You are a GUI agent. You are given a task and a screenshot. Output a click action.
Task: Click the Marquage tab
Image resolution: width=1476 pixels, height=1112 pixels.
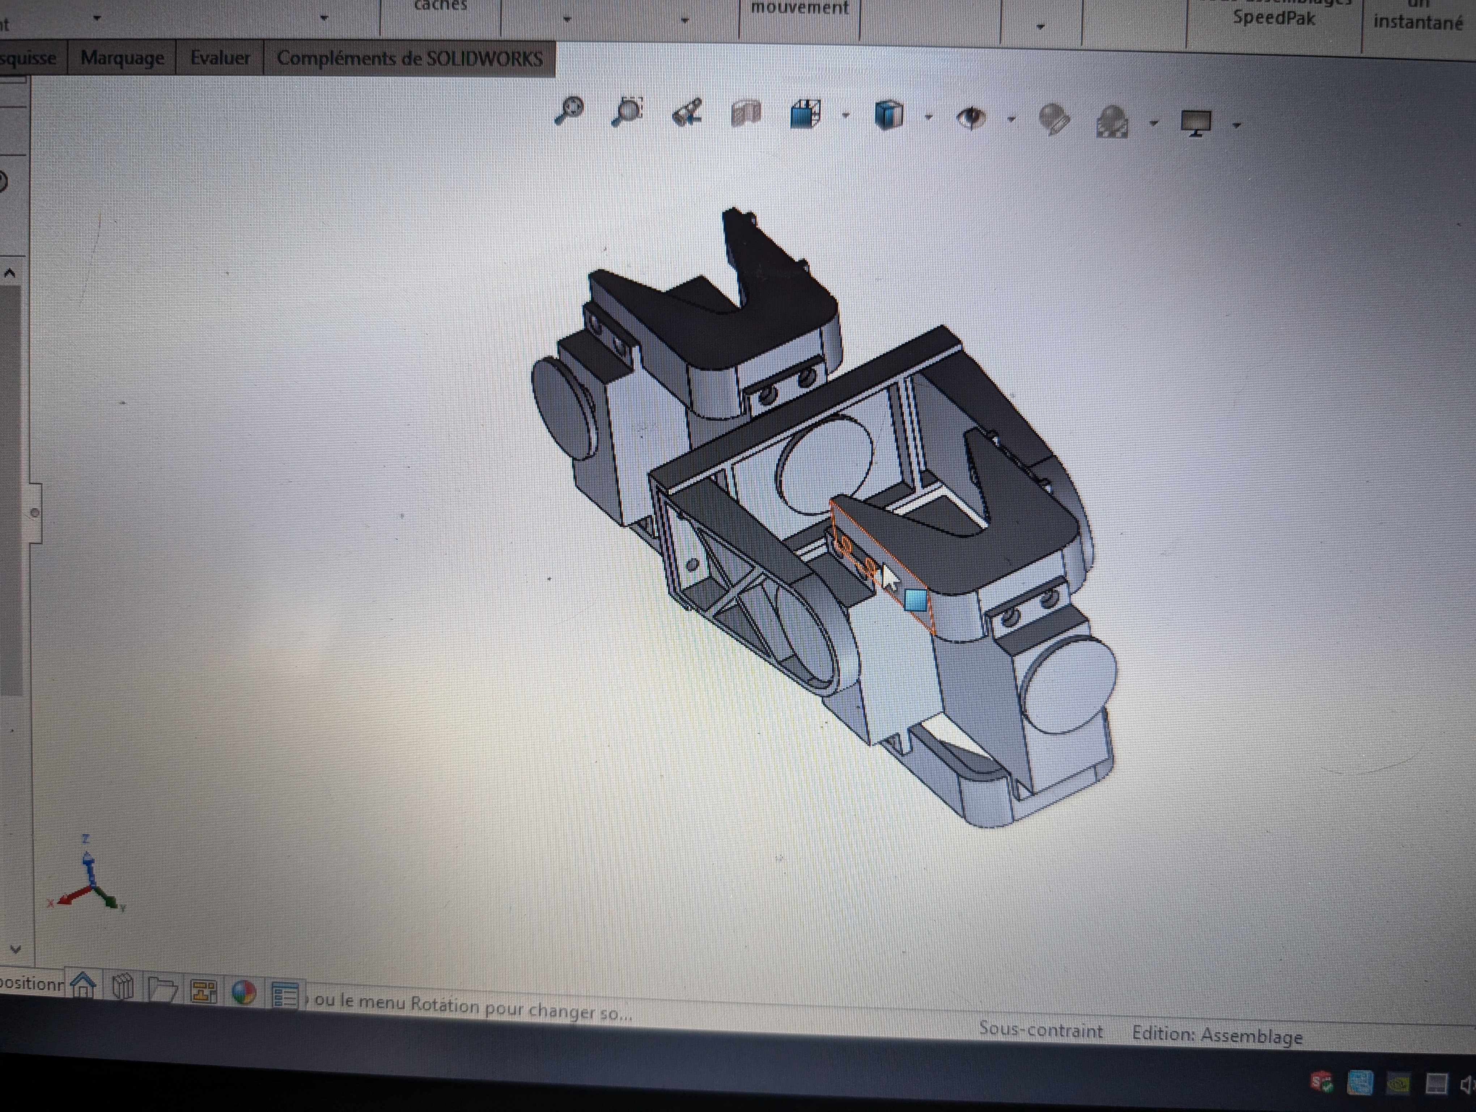[x=122, y=58]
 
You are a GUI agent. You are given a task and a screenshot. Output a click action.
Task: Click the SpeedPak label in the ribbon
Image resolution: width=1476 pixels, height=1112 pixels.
[x=1273, y=18]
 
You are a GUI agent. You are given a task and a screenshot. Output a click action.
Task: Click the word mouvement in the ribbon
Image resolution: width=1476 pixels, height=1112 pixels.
[x=799, y=8]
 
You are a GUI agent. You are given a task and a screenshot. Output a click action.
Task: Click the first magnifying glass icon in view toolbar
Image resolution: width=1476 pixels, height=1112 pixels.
[x=569, y=110]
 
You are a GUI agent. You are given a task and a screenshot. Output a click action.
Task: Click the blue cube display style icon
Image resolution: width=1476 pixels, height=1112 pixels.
[x=888, y=115]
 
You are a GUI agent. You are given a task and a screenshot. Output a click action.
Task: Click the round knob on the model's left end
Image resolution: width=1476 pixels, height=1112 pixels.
[x=564, y=408]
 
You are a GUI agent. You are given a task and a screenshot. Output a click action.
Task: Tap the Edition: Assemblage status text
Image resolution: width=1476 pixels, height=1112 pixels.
[x=1216, y=1035]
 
